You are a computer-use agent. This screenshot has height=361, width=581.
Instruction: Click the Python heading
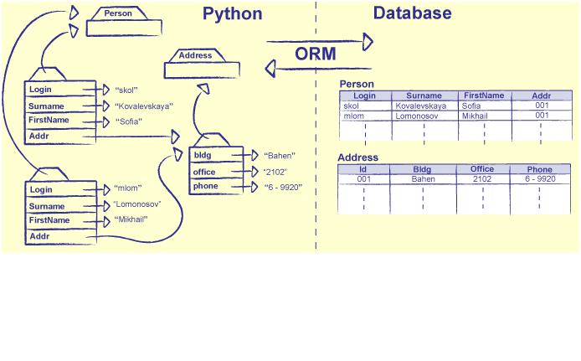[232, 14]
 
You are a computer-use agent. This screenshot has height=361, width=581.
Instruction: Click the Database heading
[412, 13]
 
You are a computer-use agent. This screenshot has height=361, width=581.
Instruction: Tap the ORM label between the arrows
[316, 54]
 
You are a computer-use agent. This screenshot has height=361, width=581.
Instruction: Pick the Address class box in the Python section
[195, 56]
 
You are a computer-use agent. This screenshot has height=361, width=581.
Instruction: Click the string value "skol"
[126, 89]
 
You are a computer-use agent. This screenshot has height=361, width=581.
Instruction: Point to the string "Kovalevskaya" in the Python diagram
[143, 106]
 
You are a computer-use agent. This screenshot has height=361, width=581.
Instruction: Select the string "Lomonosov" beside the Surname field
[136, 204]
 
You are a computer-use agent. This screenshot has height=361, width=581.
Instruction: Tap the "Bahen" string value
[280, 156]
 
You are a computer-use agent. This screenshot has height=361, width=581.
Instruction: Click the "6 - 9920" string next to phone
[283, 188]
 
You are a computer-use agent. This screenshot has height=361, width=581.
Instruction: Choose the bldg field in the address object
[203, 156]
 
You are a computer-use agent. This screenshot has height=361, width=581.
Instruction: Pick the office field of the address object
[204, 172]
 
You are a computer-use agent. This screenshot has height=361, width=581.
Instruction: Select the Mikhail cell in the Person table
[475, 116]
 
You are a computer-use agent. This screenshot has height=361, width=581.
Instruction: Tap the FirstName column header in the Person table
[484, 95]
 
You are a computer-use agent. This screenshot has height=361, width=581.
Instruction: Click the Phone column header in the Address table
[539, 169]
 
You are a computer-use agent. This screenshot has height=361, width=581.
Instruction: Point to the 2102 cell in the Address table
[481, 178]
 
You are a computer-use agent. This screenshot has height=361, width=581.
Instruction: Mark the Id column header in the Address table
[363, 169]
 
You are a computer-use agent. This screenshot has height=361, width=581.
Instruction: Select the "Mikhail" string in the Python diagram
[131, 219]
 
